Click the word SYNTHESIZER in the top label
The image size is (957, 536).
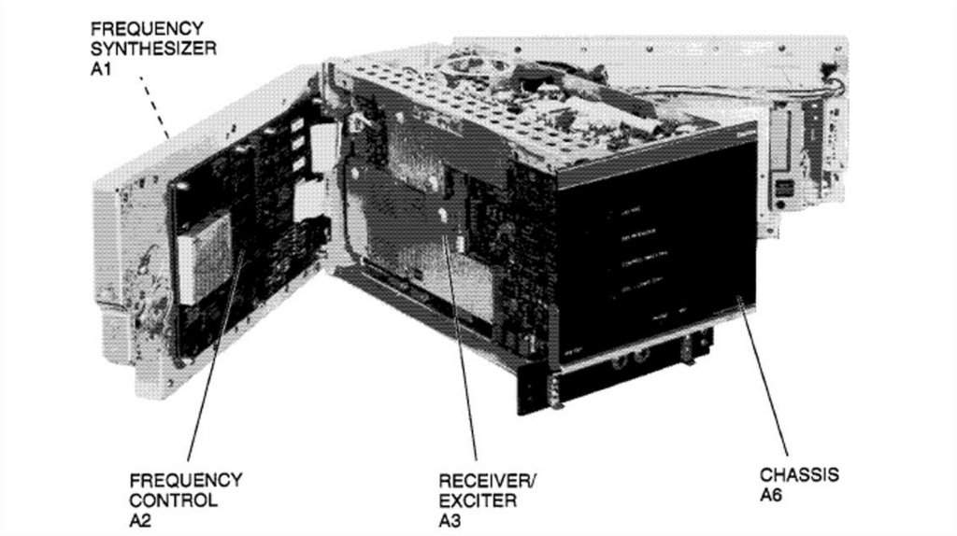point(152,49)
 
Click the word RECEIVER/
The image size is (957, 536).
point(487,481)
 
